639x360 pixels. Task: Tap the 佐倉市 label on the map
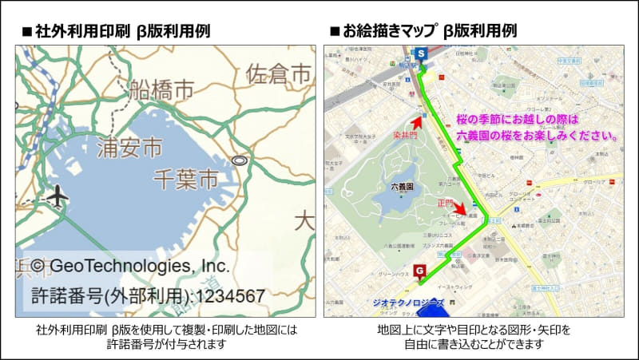coord(278,75)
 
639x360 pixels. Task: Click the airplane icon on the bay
coord(57,195)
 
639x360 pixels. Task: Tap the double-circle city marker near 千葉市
coord(237,161)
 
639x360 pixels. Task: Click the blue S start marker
coord(420,53)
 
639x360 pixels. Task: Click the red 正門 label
coord(444,203)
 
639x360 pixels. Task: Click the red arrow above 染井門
coord(415,122)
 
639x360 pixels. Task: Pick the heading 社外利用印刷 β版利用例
coord(116,32)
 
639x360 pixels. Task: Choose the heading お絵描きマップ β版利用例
coord(423,32)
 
